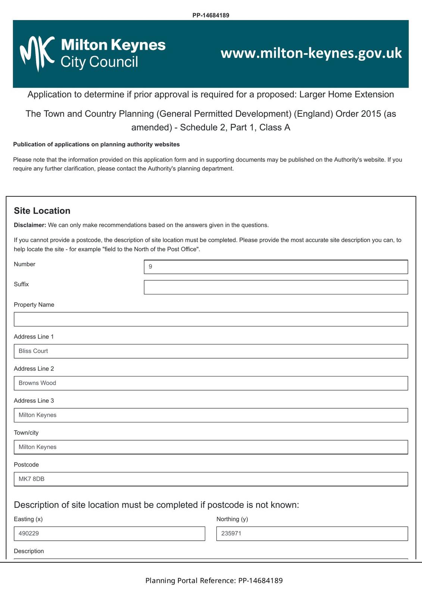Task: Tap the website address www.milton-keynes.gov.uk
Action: click(x=311, y=53)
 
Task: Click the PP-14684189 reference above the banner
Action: click(x=211, y=15)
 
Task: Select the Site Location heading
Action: click(x=42, y=211)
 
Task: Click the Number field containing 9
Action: click(x=276, y=267)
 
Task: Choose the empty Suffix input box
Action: click(x=276, y=287)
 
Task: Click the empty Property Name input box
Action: click(x=211, y=319)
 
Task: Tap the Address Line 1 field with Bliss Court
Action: click(x=211, y=351)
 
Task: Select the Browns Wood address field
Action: click(x=211, y=383)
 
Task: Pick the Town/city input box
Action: click(x=211, y=447)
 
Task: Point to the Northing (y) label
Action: click(x=232, y=519)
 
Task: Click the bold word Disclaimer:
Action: click(x=30, y=225)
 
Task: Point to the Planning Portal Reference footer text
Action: click(x=214, y=581)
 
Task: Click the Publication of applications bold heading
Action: click(x=96, y=144)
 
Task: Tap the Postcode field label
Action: click(x=26, y=465)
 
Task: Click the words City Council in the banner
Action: click(x=99, y=62)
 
